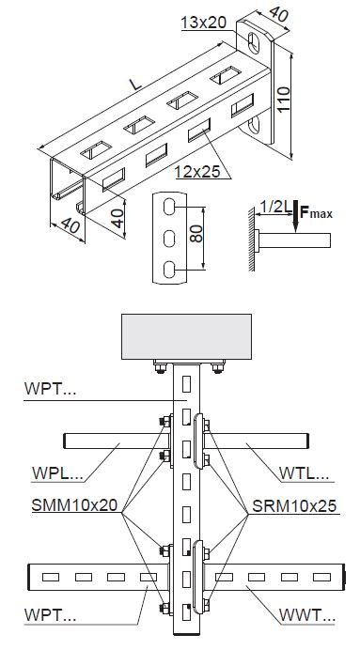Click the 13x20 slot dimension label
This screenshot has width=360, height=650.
pyautogui.click(x=204, y=23)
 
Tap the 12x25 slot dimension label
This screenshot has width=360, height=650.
pyautogui.click(x=197, y=171)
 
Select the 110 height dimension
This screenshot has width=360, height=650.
pyautogui.click(x=283, y=99)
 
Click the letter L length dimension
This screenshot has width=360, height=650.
pyautogui.click(x=135, y=85)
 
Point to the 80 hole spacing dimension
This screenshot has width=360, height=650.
pyautogui.click(x=196, y=234)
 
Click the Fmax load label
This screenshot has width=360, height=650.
pyautogui.click(x=316, y=213)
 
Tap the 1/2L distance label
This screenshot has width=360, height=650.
pyautogui.click(x=275, y=206)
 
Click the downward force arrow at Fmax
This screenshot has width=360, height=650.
pyautogui.click(x=295, y=215)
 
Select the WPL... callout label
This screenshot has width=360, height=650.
pyautogui.click(x=57, y=472)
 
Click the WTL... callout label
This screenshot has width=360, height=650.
pyautogui.click(x=304, y=472)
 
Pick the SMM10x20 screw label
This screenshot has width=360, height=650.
pyautogui.click(x=74, y=505)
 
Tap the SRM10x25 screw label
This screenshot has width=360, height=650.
pyautogui.click(x=294, y=505)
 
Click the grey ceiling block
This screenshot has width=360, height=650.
pyautogui.click(x=186, y=336)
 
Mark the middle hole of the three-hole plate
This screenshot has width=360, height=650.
pyautogui.click(x=169, y=239)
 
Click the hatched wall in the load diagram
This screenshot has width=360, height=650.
pyautogui.click(x=251, y=240)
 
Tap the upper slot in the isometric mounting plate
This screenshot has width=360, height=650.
pyautogui.click(x=254, y=42)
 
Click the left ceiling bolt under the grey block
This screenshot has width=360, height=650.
pyautogui.click(x=160, y=366)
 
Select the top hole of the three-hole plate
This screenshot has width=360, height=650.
pyautogui.click(x=169, y=207)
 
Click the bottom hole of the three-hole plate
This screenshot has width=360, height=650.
pyautogui.click(x=169, y=270)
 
